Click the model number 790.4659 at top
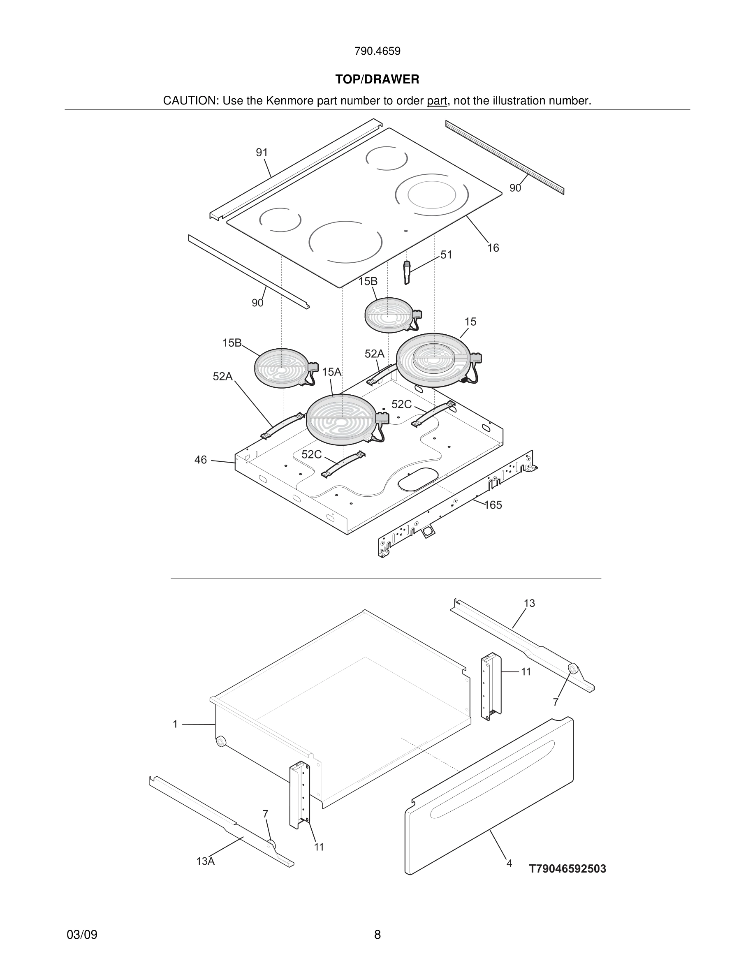tap(377, 51)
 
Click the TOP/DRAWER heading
tap(377, 79)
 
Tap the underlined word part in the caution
tap(437, 101)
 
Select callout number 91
tap(262, 153)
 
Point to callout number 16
tap(493, 248)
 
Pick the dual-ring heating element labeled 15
tap(433, 360)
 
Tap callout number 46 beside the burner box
tap(200, 459)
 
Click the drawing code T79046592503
tap(567, 869)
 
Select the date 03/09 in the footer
tap(82, 935)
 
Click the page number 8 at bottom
tap(377, 935)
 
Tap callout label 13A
tap(205, 861)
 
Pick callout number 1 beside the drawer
tap(175, 724)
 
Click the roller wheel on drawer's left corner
tap(220, 742)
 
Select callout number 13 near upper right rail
tap(529, 603)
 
